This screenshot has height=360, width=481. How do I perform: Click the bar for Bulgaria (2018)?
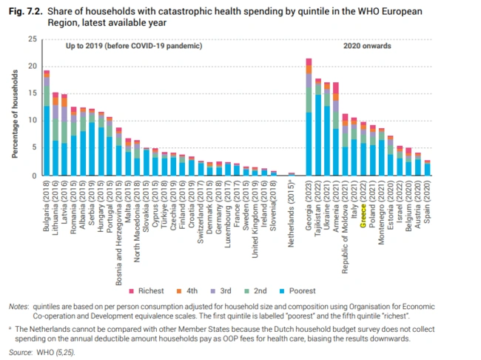(x=47, y=123)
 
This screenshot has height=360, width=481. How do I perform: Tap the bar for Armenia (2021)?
(x=335, y=129)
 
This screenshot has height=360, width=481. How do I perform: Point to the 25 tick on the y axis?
(x=30, y=39)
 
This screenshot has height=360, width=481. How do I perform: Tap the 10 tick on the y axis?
(x=30, y=121)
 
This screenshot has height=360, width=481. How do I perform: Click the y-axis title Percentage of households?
(x=14, y=107)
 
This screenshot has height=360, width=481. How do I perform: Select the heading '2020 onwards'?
(x=369, y=46)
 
